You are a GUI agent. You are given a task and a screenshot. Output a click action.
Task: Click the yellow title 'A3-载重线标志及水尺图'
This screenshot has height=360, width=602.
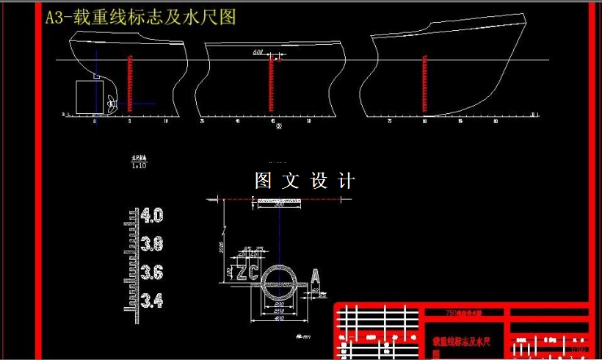[x=140, y=18]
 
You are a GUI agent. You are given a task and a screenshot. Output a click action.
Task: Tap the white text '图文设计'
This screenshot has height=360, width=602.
[x=305, y=181]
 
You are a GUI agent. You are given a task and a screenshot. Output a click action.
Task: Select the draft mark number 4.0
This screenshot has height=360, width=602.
[x=152, y=216]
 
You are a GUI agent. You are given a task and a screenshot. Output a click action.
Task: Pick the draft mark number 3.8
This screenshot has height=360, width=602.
[x=152, y=244]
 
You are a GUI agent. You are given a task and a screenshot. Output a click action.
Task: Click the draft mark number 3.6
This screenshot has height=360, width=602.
[x=152, y=273]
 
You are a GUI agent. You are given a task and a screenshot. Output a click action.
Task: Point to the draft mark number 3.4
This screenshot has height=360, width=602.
[x=152, y=300]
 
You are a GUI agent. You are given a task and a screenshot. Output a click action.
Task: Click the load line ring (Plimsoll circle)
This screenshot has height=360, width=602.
[x=280, y=280]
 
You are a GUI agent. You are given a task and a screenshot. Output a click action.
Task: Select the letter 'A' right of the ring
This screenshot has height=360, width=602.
[x=315, y=278]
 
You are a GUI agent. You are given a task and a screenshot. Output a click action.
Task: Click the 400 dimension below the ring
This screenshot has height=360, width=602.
[x=279, y=318]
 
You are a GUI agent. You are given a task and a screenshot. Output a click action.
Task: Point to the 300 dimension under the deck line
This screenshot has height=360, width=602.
[x=279, y=205]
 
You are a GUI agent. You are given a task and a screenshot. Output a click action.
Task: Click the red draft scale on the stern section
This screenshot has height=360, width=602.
[x=129, y=84]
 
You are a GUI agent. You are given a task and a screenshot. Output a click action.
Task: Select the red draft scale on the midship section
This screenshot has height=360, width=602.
[x=271, y=84]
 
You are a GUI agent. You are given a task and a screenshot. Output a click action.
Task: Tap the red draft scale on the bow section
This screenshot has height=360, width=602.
[x=425, y=84]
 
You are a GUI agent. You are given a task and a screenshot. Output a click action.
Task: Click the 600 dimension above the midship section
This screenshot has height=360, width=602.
[x=258, y=52]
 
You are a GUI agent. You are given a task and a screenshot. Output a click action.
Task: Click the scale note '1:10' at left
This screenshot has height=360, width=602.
[x=139, y=166]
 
